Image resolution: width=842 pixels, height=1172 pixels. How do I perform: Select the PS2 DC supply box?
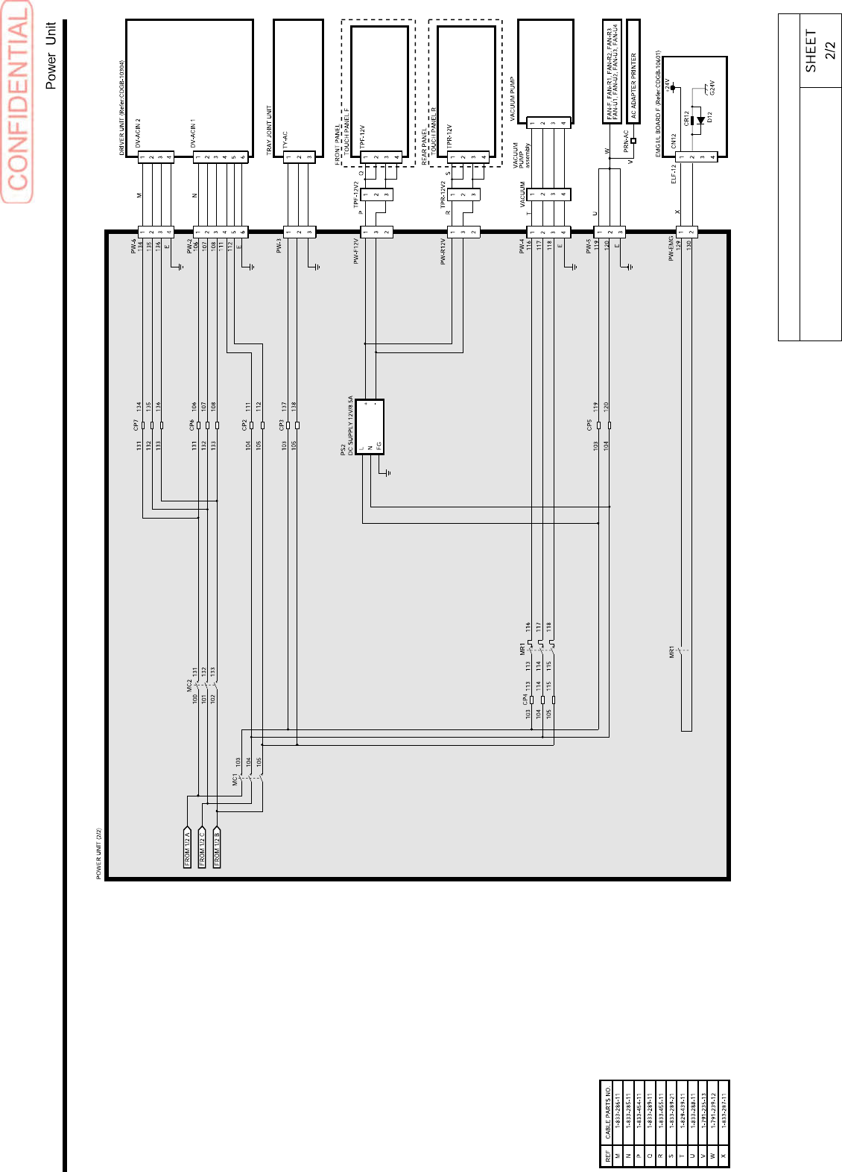(370, 426)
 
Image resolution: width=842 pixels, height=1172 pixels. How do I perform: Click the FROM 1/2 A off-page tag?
(188, 847)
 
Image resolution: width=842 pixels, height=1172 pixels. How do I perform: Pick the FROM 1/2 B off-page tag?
(217, 847)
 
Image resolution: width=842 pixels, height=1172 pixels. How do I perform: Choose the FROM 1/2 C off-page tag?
(202, 847)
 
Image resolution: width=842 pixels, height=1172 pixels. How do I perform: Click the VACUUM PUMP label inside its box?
(513, 99)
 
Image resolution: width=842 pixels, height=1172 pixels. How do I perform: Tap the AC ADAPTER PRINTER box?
(633, 70)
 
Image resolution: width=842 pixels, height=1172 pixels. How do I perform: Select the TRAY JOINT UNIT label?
(269, 130)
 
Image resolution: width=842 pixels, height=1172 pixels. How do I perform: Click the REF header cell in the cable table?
(608, 1156)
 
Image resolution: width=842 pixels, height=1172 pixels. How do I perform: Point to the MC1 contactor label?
(235, 779)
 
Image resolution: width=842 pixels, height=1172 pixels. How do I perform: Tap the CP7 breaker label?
(135, 425)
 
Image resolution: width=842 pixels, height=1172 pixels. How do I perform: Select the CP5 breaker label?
(589, 425)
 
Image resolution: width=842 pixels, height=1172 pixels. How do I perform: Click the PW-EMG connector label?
(671, 248)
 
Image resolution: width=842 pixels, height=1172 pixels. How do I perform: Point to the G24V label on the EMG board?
(712, 87)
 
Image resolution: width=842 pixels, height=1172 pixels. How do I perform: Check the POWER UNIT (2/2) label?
(99, 854)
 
